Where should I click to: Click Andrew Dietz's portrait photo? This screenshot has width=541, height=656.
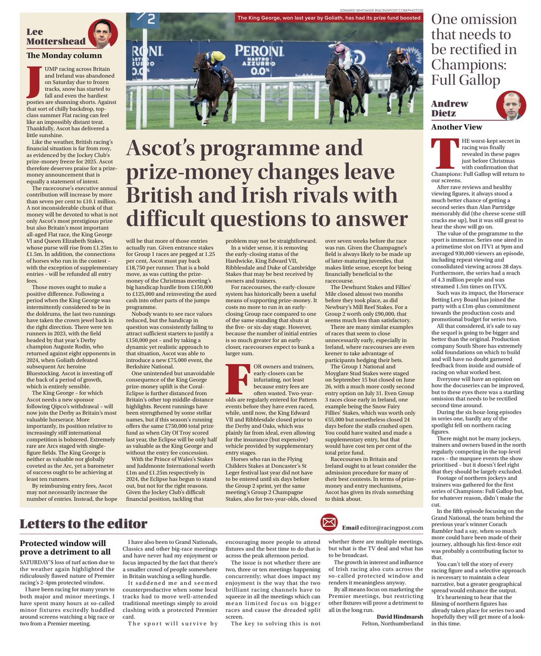tap(512, 106)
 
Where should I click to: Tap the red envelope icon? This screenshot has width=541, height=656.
tap(329, 523)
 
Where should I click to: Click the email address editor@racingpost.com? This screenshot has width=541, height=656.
tap(391, 528)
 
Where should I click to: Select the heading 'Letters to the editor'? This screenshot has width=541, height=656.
tap(83, 524)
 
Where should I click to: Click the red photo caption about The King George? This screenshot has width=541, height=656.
tap(329, 18)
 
